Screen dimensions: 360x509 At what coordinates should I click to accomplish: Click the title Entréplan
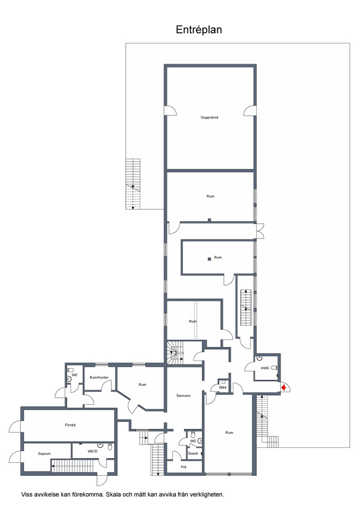coord(199,30)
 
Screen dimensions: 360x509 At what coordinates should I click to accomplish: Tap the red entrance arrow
coord(283,387)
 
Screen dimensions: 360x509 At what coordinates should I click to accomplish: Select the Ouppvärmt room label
coord(209,117)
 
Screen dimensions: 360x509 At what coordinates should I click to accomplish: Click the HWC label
coord(265,368)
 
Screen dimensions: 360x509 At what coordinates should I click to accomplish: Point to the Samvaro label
coord(183,396)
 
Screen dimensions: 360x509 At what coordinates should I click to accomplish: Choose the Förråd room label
coord(70,425)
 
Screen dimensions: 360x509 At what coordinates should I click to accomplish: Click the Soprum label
coord(44,453)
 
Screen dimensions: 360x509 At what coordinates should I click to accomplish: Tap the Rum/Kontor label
coord(99,378)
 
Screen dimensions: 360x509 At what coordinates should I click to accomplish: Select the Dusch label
coord(193,453)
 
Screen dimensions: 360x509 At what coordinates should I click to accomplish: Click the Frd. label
coord(184,467)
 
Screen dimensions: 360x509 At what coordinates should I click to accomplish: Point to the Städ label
coord(223,387)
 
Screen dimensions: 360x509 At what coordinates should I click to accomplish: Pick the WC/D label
coord(92,451)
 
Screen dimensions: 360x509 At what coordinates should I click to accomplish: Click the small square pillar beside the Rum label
coord(209,258)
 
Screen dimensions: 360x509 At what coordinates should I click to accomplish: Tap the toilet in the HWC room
coord(274,368)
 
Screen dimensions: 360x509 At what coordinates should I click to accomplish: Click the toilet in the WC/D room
coord(110,447)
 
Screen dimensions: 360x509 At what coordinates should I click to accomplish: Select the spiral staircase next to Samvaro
coord(176,352)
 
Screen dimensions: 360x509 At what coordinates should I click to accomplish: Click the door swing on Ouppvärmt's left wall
coord(172,110)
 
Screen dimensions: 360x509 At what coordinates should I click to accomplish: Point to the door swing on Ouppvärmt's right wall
coord(250,110)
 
